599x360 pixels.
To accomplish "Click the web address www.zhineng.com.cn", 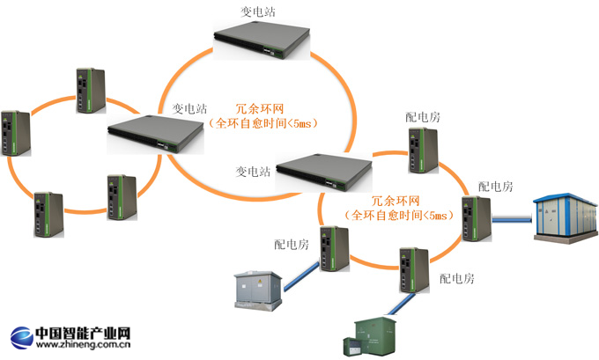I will [x=84, y=346].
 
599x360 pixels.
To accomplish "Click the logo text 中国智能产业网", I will [x=84, y=333].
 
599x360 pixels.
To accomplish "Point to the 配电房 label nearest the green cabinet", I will [x=457, y=279].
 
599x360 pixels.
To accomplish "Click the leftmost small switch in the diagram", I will [x=17, y=134].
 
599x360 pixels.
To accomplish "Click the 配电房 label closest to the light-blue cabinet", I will [x=495, y=187].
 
